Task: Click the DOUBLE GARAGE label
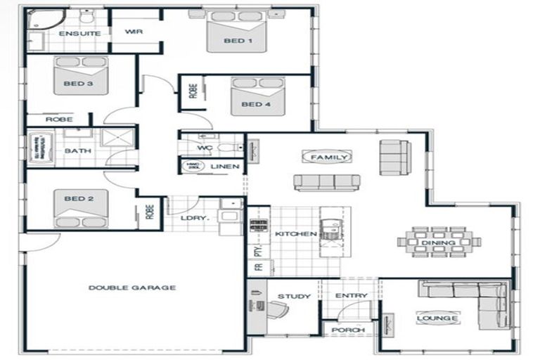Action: (x=132, y=288)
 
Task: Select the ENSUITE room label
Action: (x=79, y=34)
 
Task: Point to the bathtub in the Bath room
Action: (x=40, y=150)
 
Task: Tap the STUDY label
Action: (x=294, y=296)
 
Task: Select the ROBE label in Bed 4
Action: (x=193, y=92)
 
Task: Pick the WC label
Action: (x=205, y=148)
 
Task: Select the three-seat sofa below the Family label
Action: (x=327, y=183)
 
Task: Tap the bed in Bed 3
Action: (x=81, y=75)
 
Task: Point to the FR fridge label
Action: (x=256, y=267)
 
